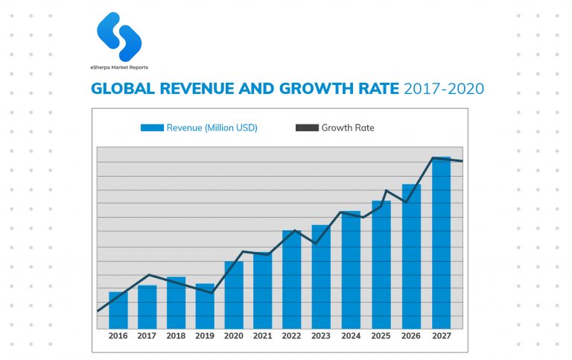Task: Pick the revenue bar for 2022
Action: (x=292, y=280)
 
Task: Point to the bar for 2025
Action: (x=381, y=265)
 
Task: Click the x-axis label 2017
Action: (x=147, y=336)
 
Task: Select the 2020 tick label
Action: (x=234, y=336)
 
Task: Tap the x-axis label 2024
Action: (x=351, y=336)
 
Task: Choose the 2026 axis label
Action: (x=410, y=336)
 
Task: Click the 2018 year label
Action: (x=176, y=336)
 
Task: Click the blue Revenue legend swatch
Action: (x=152, y=128)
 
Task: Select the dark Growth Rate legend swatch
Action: (x=307, y=128)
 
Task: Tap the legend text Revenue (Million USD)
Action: (x=212, y=128)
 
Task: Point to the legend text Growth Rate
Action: (x=348, y=128)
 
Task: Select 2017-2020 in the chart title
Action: (x=444, y=89)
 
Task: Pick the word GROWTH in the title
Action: (x=314, y=89)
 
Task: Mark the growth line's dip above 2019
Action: (x=212, y=293)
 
